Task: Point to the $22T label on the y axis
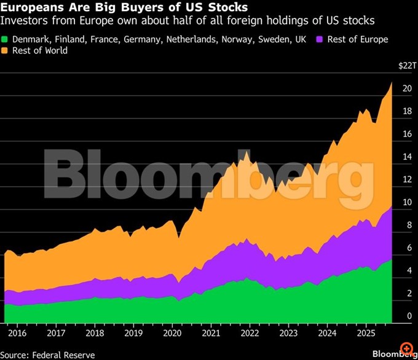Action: (406, 65)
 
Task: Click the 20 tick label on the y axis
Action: (406, 88)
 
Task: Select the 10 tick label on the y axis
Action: (406, 202)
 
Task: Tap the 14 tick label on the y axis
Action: (406, 157)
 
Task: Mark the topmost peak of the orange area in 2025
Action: (392, 82)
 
